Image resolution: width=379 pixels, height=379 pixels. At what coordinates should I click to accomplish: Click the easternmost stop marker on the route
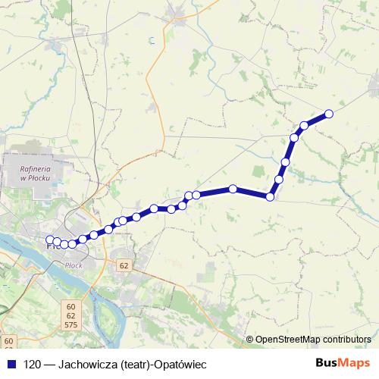point(329,114)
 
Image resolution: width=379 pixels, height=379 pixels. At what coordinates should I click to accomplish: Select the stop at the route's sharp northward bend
point(271,197)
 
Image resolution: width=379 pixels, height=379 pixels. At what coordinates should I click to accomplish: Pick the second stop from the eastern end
point(305,125)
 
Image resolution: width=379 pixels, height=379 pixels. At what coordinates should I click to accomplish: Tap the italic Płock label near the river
point(74,265)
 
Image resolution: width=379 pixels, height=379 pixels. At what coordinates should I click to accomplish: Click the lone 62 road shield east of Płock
point(124,265)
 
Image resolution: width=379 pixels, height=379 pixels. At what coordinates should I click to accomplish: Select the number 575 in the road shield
point(70,324)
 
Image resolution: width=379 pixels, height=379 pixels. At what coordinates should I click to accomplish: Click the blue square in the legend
point(11,363)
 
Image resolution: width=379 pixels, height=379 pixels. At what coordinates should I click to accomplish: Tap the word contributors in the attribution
point(348,339)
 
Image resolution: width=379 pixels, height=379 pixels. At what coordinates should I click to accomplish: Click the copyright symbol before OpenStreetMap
point(250,339)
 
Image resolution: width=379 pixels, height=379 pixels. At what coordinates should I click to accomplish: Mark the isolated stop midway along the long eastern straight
point(233,189)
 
